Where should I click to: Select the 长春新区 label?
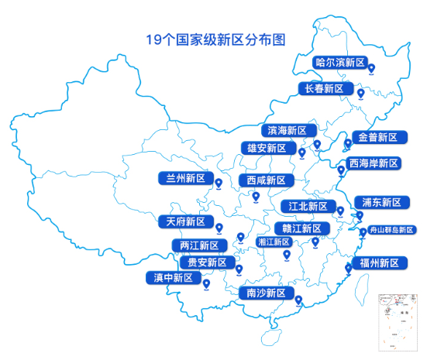324,89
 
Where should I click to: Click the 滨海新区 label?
286,130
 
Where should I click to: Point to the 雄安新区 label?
266,148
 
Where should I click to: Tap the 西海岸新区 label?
374,164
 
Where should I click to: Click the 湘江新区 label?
274,242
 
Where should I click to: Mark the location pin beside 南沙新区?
298,301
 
